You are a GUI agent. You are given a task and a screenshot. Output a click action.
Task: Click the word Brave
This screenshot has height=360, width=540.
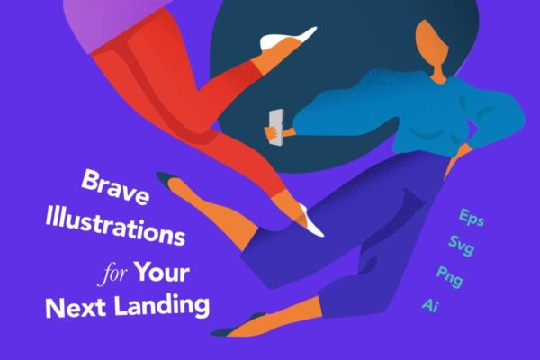coord(115,187)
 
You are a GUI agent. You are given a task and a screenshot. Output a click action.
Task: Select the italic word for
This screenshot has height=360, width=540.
coord(112,274)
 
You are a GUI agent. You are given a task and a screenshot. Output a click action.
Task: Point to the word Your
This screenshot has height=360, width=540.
coord(162,272)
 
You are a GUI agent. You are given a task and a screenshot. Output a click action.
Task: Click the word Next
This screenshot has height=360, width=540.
coord(76,307)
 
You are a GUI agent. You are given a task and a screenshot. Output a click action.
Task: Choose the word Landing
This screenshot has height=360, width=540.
coord(162,304)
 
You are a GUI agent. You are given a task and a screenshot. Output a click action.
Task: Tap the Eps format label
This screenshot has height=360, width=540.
coord(472,218)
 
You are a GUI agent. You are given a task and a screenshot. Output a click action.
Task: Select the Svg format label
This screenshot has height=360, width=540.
coord(461,246)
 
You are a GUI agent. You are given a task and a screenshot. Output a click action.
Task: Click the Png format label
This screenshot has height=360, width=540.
coord(450,276)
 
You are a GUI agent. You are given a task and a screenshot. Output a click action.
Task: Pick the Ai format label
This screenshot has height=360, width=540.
coord(430,305)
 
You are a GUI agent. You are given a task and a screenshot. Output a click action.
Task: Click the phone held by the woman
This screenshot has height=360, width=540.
coord(277,126)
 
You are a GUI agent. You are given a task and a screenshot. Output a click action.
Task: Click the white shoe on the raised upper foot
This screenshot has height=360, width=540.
coord(286,39)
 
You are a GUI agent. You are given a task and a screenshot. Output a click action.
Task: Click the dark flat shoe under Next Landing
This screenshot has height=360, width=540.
coord(238,326)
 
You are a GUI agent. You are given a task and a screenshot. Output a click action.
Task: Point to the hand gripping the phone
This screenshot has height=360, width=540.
coord(273,132)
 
